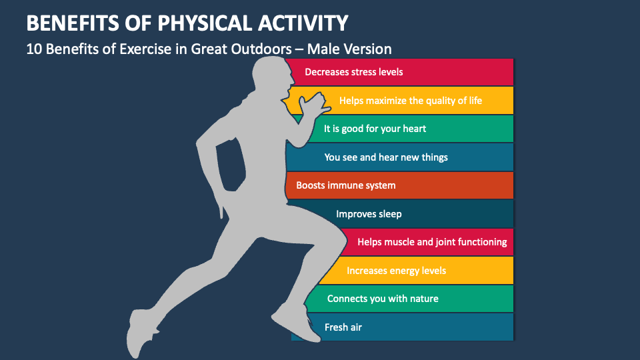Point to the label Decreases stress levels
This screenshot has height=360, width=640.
coord(353,72)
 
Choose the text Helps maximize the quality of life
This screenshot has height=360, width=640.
coord(410,101)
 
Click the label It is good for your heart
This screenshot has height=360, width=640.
coord(375,129)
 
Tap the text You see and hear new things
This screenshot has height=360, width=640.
coord(385,157)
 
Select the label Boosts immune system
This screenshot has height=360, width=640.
coord(345,185)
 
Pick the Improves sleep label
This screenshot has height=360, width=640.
coord(368,214)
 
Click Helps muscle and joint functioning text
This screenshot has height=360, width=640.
coord(432,242)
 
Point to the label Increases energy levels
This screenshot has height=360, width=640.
coord(396,271)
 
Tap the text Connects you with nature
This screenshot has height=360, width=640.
coord(383,299)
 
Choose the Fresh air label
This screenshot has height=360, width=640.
coord(343,327)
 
